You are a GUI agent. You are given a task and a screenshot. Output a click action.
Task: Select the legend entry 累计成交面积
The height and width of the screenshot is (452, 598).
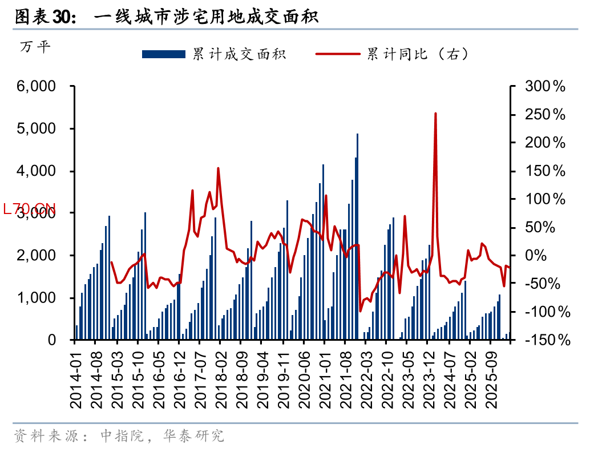pos(239,54)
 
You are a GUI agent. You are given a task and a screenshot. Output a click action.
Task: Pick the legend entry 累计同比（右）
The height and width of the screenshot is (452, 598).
pos(417,54)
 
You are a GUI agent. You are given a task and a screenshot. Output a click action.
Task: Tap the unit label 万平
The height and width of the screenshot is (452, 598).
pos(35,47)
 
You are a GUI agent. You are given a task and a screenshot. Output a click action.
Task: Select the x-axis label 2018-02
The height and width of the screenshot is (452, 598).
pos(221,380)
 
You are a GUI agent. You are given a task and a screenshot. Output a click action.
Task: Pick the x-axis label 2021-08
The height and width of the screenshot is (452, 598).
pos(345,380)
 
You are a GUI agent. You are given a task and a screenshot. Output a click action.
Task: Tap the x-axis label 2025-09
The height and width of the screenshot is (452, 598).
pos(490,380)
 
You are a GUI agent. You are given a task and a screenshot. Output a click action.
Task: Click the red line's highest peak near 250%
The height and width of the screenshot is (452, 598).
pos(435,114)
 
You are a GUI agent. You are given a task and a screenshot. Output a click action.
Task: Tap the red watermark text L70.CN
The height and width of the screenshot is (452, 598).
pos(29,209)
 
